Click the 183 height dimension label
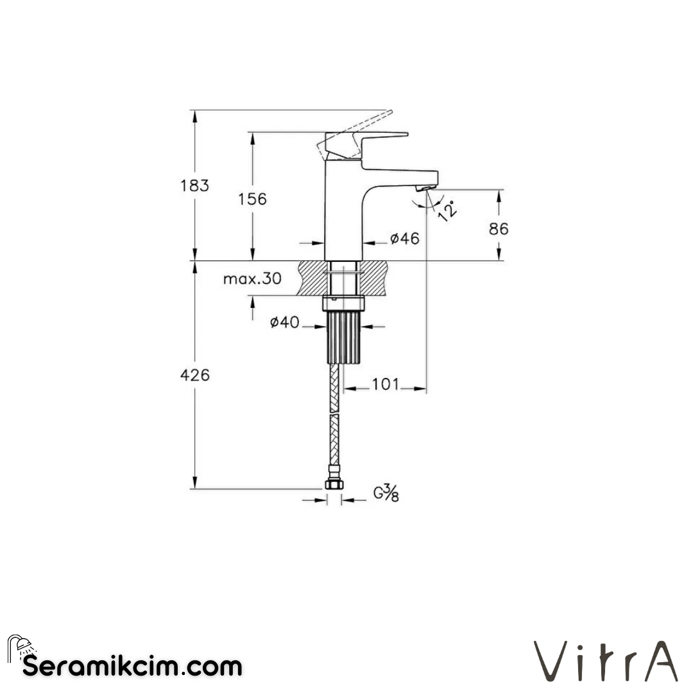pyautogui.click(x=195, y=185)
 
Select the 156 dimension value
pyautogui.click(x=253, y=199)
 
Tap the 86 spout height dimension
pyautogui.click(x=498, y=228)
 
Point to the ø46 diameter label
pyautogui.click(x=404, y=239)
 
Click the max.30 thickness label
pyautogui.click(x=252, y=279)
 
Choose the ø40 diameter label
pyautogui.click(x=284, y=323)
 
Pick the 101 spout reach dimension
pyautogui.click(x=385, y=384)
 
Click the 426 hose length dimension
pyautogui.click(x=195, y=375)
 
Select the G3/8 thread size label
pyautogui.click(x=386, y=493)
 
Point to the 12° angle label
pyautogui.click(x=448, y=209)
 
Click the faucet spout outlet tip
pyautogui.click(x=425, y=188)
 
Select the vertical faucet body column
pyautogui.click(x=343, y=212)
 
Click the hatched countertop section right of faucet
pyautogui.click(x=375, y=277)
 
